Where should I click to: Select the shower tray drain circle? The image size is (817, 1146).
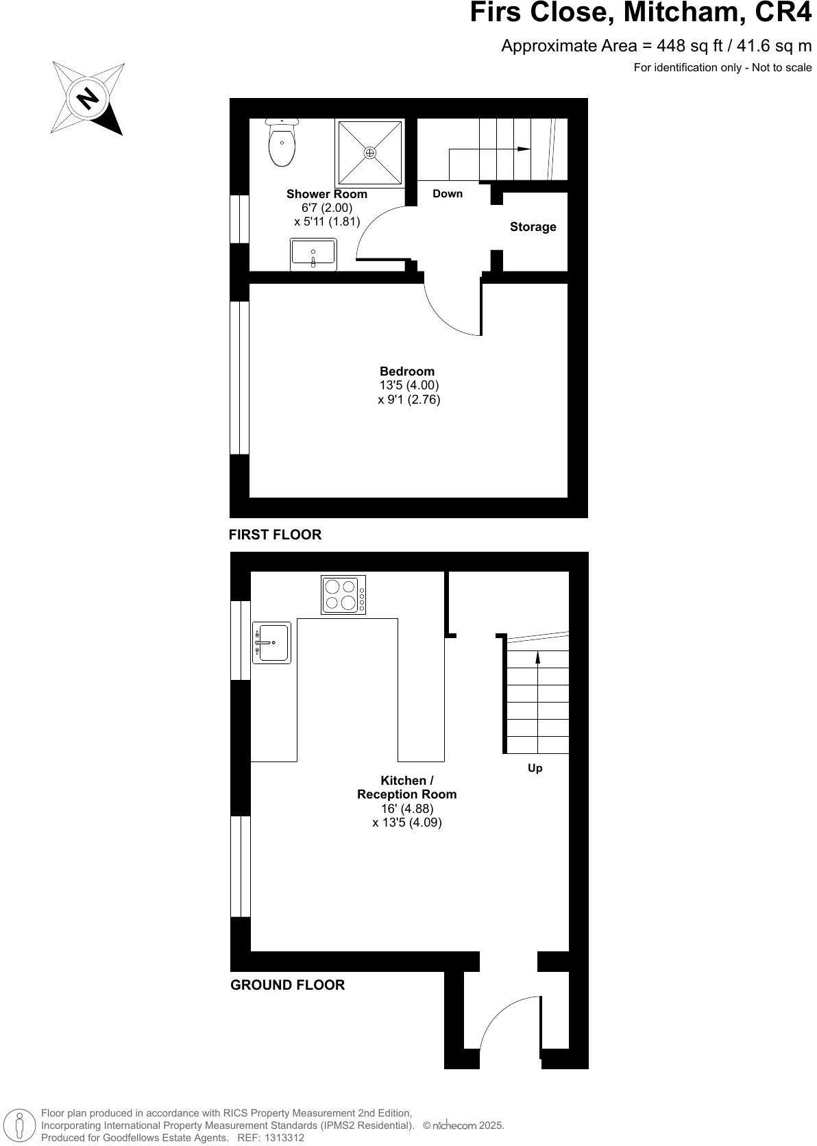coord(370,153)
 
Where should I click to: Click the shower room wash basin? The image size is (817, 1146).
coord(313,254)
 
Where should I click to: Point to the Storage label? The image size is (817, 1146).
coord(533,227)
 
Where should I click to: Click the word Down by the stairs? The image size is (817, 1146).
coord(448,194)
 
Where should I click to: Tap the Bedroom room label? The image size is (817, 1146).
coord(407,371)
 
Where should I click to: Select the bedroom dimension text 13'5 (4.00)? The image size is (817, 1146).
coord(409,385)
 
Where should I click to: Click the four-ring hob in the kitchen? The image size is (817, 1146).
coord(343,594)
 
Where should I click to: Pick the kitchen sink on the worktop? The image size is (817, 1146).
coord(272,642)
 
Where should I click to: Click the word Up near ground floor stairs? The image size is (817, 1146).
coord(535,768)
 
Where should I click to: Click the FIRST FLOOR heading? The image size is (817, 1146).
coord(275,535)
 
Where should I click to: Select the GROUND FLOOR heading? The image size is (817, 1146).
coord(287,985)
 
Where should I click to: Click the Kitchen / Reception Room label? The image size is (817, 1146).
coord(406,788)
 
